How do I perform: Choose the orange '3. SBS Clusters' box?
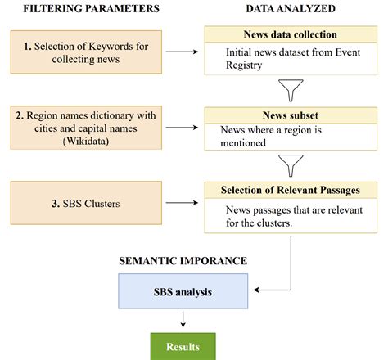tap(85, 201)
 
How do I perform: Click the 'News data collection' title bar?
tap(291, 35)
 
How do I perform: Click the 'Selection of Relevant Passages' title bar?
tap(291, 191)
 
